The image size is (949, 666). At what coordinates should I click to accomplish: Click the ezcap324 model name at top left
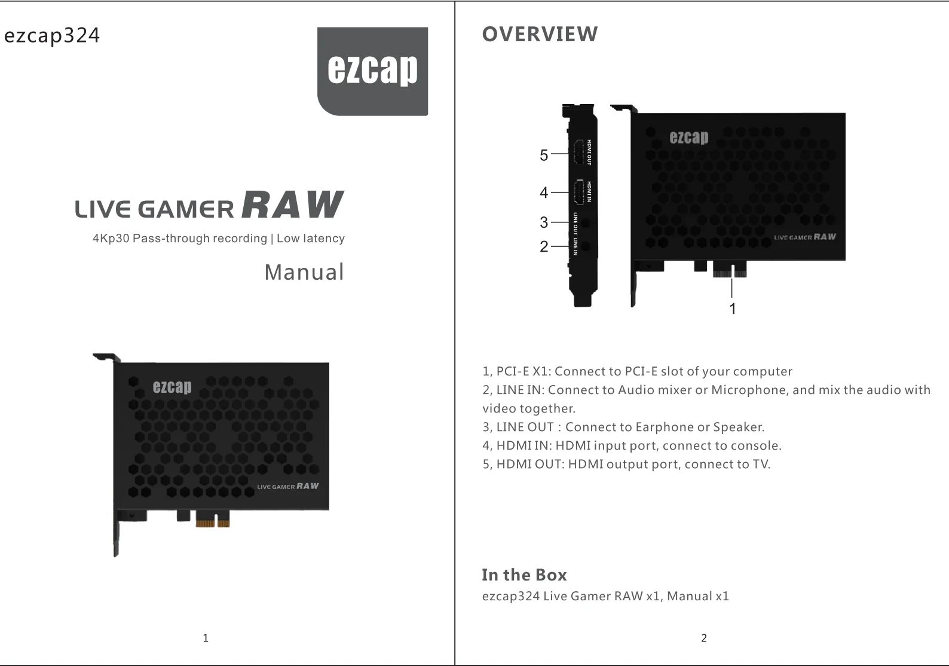[52, 36]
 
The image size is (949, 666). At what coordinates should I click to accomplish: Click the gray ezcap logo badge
[372, 71]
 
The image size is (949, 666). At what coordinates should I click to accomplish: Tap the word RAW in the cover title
[293, 205]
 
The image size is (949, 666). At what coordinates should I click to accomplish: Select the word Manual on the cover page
[304, 273]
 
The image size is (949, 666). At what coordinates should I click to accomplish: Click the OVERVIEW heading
[540, 35]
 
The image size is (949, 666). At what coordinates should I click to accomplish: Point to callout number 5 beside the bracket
[544, 155]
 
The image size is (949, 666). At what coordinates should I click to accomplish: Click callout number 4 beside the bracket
[544, 193]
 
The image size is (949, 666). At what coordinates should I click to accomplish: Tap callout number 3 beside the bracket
[544, 222]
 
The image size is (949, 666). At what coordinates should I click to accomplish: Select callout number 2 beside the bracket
[544, 246]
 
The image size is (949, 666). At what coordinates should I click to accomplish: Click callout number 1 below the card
[733, 308]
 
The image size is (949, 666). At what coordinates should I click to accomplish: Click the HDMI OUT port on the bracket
[578, 152]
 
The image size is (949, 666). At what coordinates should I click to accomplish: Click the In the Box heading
[524, 575]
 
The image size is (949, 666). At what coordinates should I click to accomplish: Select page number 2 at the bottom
[704, 638]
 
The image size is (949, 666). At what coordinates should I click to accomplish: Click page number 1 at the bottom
[206, 638]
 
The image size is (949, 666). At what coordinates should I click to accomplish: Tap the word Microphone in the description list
[749, 390]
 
